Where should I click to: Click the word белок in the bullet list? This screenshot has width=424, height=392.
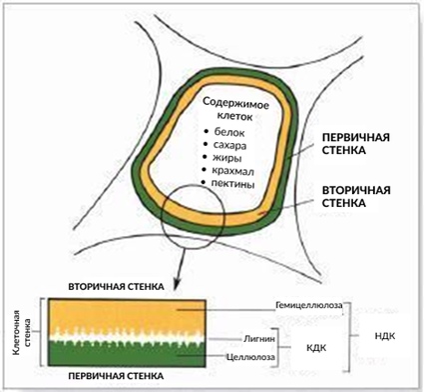click(x=228, y=133)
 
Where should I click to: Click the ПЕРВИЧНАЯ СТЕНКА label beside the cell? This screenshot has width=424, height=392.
click(x=348, y=142)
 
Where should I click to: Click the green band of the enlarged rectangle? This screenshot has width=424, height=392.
click(x=120, y=351)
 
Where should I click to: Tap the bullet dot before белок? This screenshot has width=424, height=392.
click(x=205, y=133)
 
